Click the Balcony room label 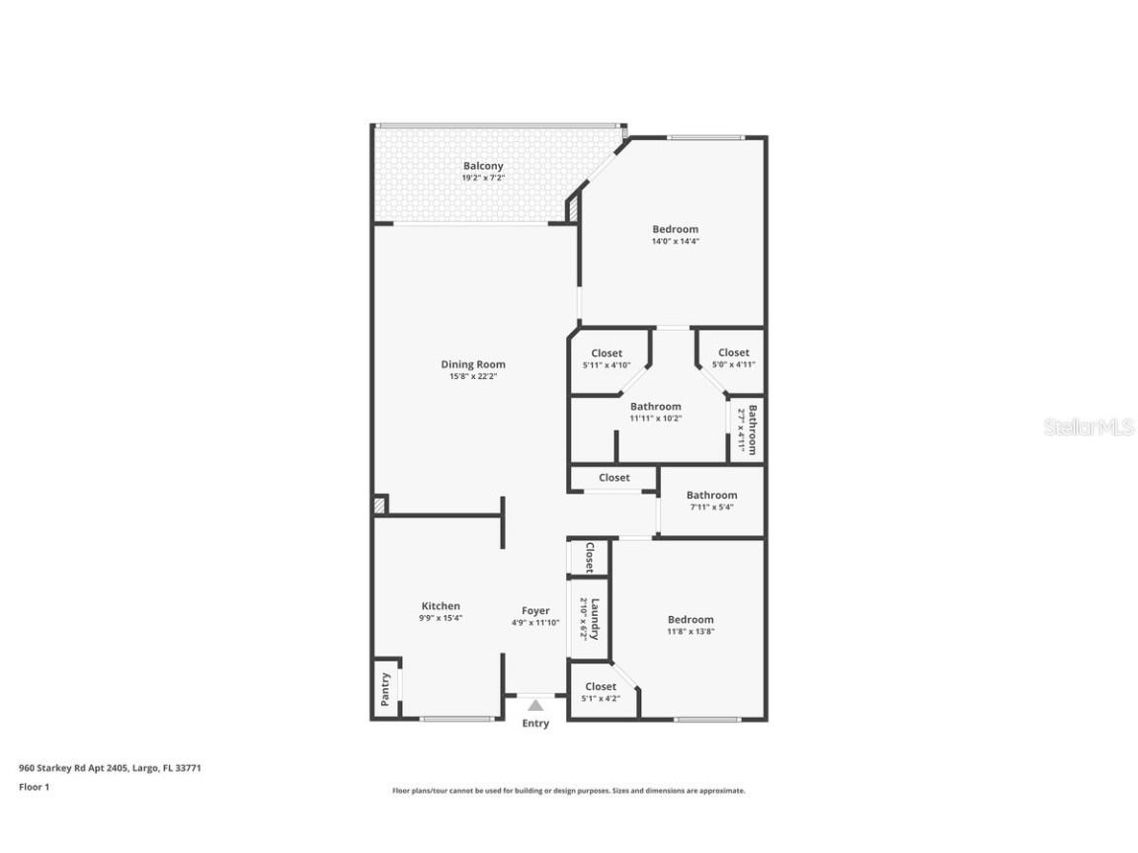483,166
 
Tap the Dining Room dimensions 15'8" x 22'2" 472,376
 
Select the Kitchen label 441,606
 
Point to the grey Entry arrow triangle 535,705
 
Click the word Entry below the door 535,724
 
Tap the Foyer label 535,611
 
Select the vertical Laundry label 595,618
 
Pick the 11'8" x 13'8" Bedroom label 690,620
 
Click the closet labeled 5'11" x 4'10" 607,353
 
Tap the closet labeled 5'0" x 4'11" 733,352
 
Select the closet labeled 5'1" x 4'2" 601,686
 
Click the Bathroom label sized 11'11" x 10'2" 655,407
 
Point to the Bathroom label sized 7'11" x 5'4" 711,496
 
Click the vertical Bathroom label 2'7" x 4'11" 753,429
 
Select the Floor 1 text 34,787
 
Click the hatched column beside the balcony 572,209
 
